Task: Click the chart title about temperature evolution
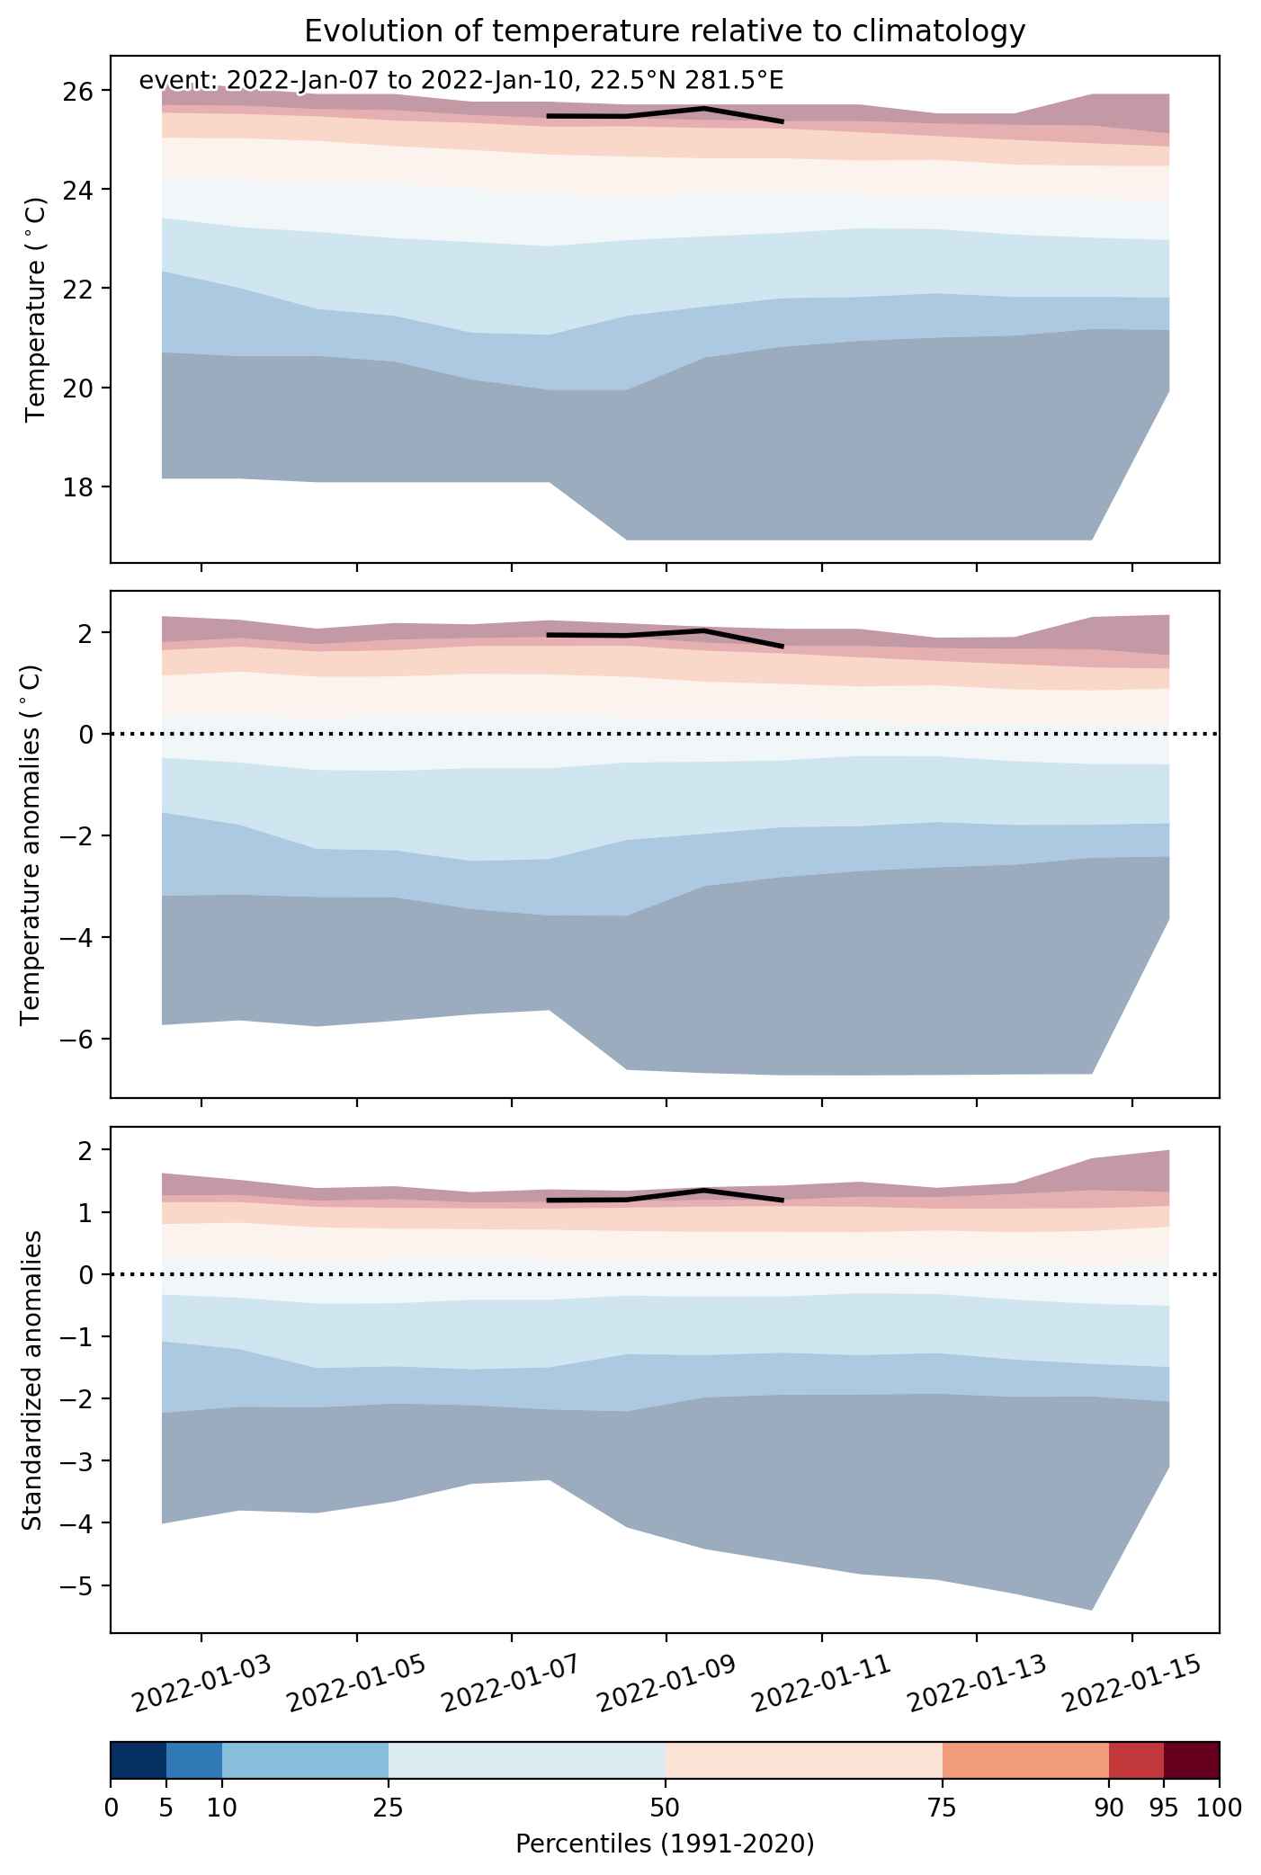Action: (665, 31)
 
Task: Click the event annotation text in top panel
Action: (461, 81)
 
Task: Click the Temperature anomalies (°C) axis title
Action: (31, 844)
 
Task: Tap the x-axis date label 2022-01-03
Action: (201, 1681)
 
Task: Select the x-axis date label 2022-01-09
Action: (666, 1681)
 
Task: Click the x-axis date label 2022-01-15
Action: (1131, 1681)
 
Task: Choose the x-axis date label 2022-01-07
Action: (512, 1681)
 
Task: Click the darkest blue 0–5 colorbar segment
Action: (139, 1766)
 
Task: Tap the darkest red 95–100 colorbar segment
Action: (1192, 1766)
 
